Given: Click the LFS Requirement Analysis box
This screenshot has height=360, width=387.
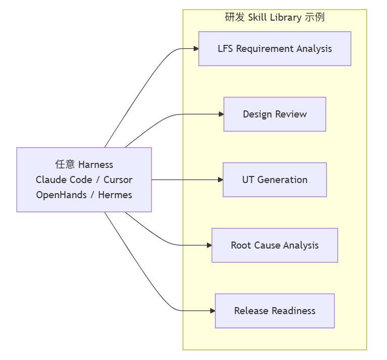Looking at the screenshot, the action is click(274, 48).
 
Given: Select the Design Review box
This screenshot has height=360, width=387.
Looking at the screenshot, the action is click(274, 114).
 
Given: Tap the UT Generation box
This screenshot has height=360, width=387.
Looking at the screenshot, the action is click(274, 180).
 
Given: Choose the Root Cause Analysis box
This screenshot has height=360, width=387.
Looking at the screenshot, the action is click(274, 246).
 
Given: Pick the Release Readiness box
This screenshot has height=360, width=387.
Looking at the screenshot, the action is click(274, 311).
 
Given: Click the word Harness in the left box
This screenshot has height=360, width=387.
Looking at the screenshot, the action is click(95, 164).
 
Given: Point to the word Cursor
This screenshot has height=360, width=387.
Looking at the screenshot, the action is click(118, 180).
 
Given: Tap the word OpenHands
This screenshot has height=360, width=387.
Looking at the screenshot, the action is click(61, 195).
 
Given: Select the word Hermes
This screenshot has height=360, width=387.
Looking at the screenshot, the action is click(115, 195).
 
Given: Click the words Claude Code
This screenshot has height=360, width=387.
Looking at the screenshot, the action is click(64, 180).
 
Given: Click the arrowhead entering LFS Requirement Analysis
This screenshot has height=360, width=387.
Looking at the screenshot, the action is click(196, 48).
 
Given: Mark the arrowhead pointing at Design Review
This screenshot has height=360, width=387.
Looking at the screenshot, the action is click(222, 114).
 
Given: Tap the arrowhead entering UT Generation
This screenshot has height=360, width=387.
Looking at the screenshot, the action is click(220, 180).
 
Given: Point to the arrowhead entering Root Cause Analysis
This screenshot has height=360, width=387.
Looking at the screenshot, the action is click(209, 246).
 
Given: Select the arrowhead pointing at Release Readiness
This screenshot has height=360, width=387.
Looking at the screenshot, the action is click(213, 311).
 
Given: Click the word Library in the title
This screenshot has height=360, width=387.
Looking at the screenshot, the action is click(286, 18).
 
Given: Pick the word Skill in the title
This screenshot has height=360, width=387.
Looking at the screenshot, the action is click(257, 17).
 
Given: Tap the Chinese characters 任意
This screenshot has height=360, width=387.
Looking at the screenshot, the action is click(65, 164).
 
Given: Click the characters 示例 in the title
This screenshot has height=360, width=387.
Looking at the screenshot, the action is click(315, 17).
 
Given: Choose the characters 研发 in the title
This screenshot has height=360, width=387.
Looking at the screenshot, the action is click(235, 17).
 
